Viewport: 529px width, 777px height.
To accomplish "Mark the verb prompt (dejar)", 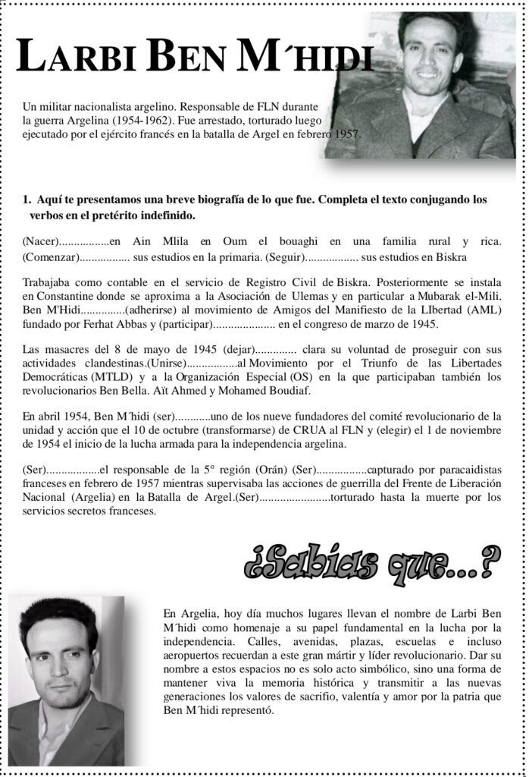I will (237, 350).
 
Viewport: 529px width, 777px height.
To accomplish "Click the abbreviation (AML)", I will (487, 310).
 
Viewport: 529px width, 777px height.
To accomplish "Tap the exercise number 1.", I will (27, 200).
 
